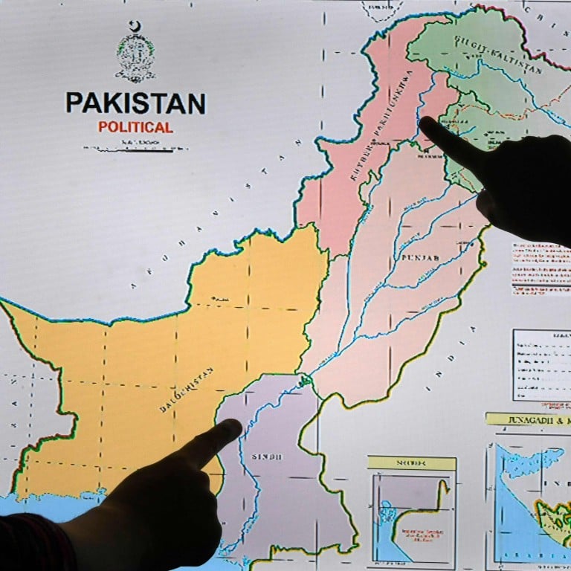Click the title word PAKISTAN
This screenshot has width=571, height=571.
click(x=135, y=103)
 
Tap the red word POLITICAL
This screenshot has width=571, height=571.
click(x=135, y=127)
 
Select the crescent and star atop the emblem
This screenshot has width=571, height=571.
click(x=135, y=27)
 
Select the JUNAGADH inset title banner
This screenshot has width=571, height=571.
click(x=529, y=419)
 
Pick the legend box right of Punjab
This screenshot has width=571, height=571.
click(x=541, y=364)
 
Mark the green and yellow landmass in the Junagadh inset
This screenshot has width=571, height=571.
click(x=554, y=513)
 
